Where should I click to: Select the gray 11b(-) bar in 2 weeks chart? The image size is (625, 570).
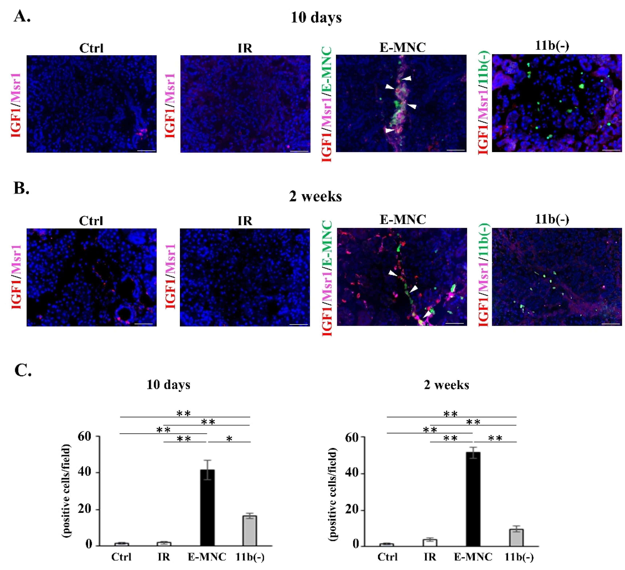(x=516, y=537)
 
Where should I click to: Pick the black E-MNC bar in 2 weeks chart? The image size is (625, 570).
(x=473, y=499)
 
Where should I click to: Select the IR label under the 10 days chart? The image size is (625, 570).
(x=164, y=557)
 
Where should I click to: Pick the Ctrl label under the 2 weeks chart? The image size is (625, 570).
(x=387, y=557)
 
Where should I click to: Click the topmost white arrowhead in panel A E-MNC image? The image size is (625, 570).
(x=407, y=79)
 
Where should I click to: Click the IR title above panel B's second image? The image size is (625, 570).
(x=245, y=221)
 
